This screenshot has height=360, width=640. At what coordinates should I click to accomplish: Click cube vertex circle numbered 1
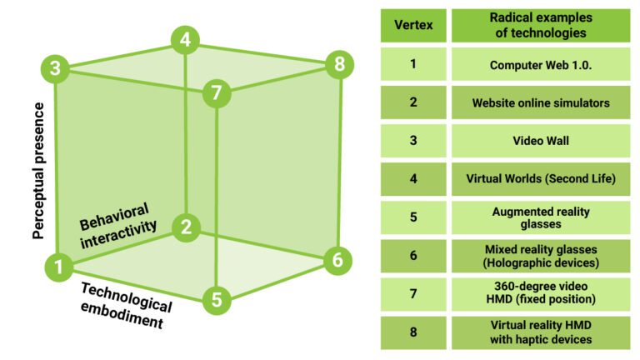pos(58,267)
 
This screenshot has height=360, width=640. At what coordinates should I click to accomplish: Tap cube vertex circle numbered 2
pos(186,227)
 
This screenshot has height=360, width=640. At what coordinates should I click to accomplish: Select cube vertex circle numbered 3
pos(55,67)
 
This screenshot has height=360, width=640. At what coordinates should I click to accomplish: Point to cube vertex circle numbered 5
pos(217,298)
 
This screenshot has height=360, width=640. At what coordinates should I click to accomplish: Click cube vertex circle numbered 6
pos(337,259)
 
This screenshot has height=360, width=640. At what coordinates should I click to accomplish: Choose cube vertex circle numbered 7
pos(217,93)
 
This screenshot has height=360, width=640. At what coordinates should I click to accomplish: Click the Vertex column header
pos(413,25)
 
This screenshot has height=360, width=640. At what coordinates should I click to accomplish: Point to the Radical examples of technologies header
pos(540,25)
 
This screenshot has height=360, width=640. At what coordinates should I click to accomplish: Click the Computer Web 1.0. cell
pos(540,64)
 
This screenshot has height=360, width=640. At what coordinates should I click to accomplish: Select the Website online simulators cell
pos(540,102)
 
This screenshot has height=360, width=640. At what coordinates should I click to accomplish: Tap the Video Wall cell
pos(540,141)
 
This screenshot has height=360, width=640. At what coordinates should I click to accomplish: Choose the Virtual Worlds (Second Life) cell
pos(540,179)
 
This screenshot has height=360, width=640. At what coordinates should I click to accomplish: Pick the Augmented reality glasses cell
pos(540,217)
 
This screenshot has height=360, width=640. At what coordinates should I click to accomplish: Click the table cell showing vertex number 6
pos(413,256)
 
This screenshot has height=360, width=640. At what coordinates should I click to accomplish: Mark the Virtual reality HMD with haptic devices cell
pos(540,332)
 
